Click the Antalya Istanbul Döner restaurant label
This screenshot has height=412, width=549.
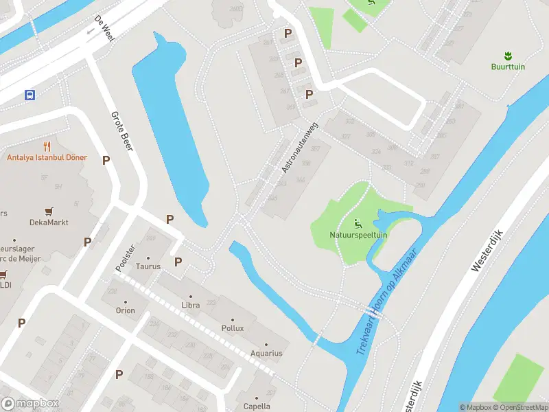[47, 157]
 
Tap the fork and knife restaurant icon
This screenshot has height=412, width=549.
[47, 146]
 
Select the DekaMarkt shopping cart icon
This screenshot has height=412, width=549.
[49, 211]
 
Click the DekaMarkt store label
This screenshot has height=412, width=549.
[49, 222]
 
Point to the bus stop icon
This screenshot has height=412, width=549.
[30, 94]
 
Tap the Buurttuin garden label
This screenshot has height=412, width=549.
[508, 67]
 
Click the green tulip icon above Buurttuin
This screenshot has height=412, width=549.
[508, 55]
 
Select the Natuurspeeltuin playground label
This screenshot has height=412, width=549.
[358, 234]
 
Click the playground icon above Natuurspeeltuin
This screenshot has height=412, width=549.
[358, 222]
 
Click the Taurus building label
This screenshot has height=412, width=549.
[148, 266]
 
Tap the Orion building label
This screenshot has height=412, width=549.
[125, 310]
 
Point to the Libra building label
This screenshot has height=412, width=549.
[191, 304]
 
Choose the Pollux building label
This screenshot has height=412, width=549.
[233, 328]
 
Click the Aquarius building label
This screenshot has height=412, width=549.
[266, 354]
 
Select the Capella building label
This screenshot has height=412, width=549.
[257, 406]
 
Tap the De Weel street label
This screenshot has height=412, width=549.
[104, 28]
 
